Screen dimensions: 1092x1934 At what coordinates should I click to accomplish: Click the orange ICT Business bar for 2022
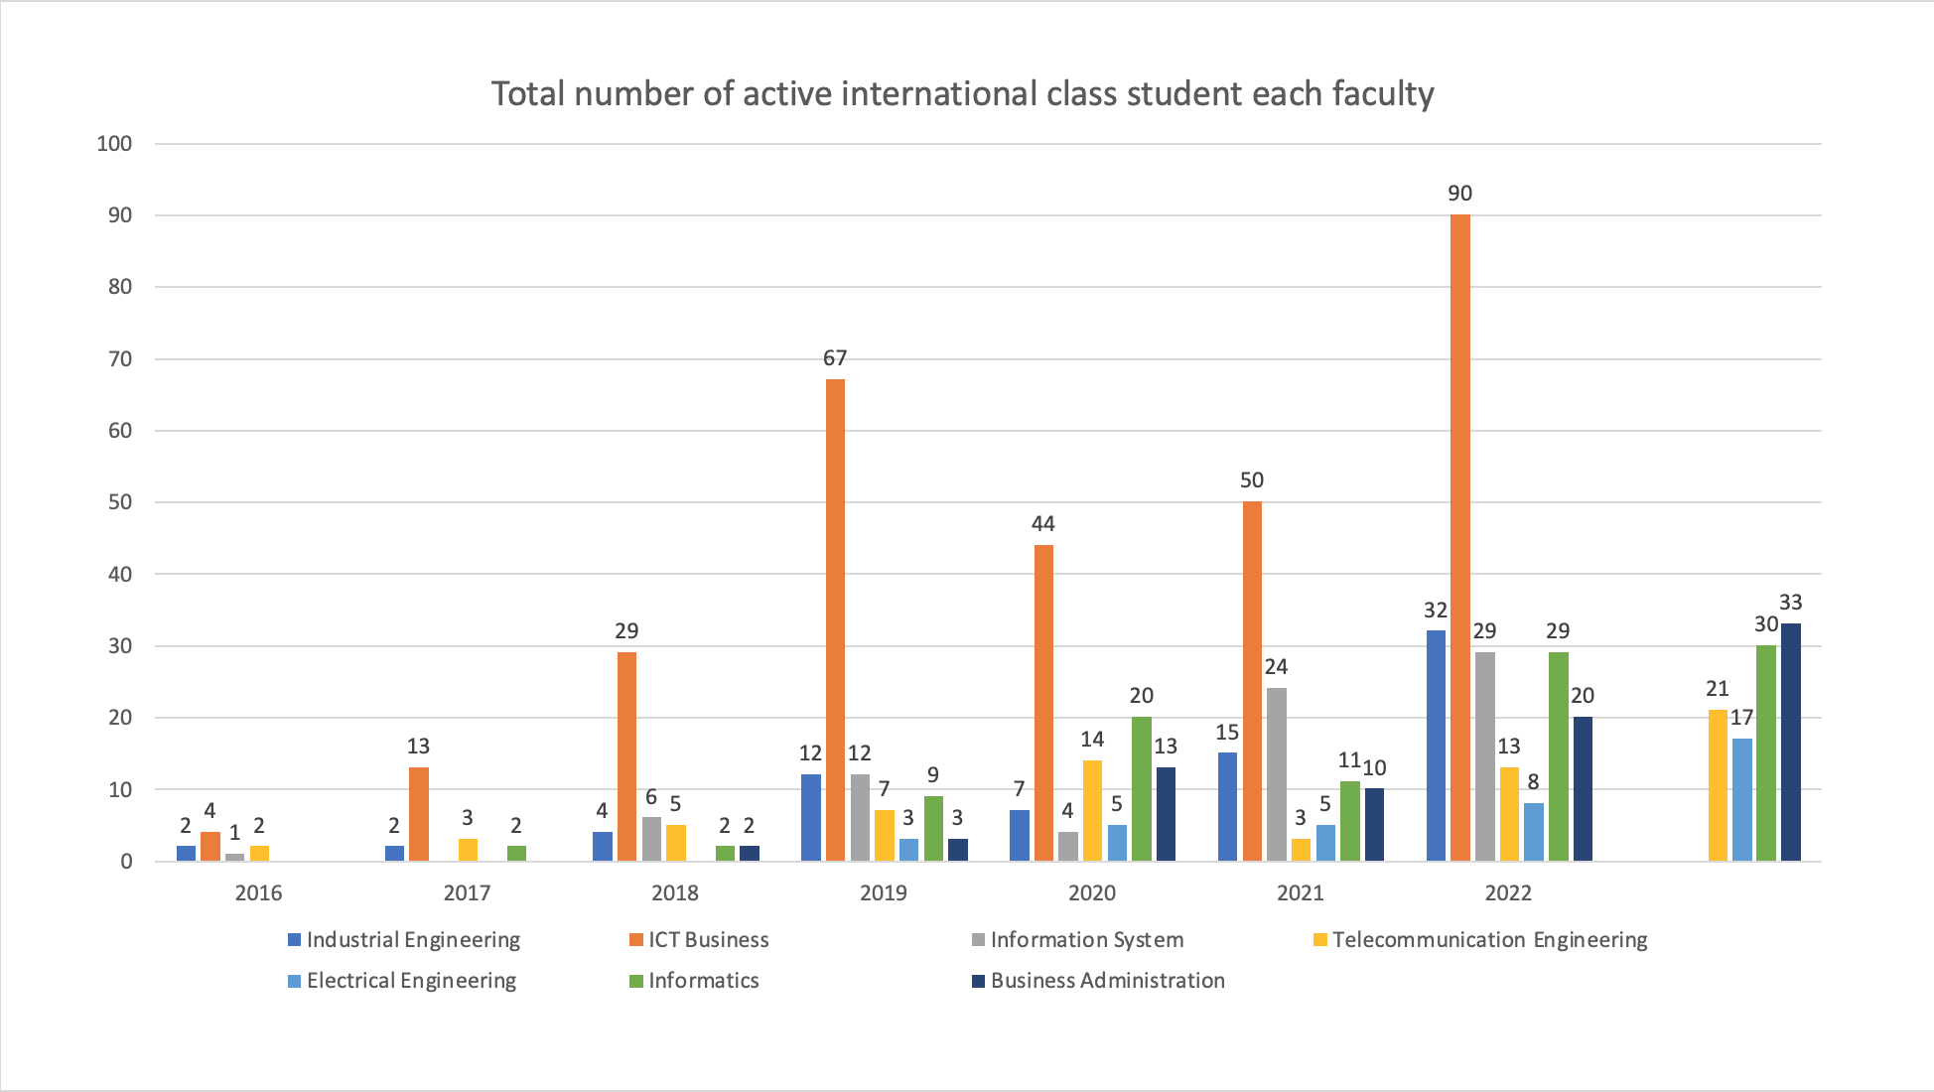1459,536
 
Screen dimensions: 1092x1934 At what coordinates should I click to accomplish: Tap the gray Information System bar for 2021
1277,774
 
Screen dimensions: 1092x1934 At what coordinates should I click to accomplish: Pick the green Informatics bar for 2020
1141,789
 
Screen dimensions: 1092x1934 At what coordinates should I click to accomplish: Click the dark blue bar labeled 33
1790,743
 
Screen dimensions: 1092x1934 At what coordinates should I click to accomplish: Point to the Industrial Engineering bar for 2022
1436,745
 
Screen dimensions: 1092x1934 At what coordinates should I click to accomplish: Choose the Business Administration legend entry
1107,981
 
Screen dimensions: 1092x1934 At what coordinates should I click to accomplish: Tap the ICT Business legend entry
708,940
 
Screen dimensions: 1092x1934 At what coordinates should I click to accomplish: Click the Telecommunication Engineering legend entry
1489,940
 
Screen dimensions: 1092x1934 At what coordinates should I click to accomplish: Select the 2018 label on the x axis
675,892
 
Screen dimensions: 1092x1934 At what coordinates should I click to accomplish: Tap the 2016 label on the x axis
258,892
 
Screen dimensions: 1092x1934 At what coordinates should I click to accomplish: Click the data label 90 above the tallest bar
1459,194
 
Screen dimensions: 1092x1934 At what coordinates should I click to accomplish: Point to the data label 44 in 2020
1042,524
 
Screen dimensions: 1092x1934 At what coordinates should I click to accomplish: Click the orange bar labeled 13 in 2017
419,814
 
